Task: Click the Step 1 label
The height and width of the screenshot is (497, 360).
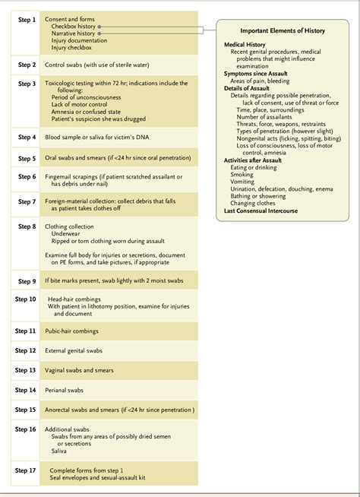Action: tap(27, 18)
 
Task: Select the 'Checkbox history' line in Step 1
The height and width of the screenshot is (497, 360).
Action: tap(74, 27)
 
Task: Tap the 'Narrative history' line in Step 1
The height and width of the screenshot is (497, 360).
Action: tap(73, 34)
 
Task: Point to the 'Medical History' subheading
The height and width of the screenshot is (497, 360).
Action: tap(245, 45)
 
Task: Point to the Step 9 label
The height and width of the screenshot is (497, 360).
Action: tap(27, 281)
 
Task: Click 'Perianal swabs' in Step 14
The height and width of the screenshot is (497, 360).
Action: tap(65, 390)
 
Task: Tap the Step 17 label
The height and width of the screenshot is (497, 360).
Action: tap(27, 470)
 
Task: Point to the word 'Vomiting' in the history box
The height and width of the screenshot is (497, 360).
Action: tap(243, 182)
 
